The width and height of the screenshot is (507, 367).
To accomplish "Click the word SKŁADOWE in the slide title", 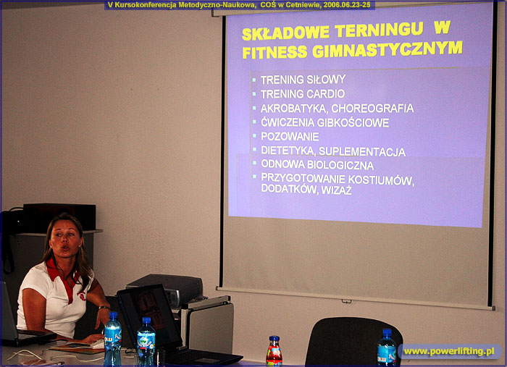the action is pyautogui.click(x=285, y=33).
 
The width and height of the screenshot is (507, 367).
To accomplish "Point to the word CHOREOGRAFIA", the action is pyautogui.click(x=373, y=109).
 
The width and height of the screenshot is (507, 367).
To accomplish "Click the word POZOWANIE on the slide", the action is pyautogui.click(x=290, y=136).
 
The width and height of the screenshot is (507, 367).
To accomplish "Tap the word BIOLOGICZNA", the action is pyautogui.click(x=340, y=165).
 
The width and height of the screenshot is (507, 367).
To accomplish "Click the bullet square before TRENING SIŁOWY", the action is pyautogui.click(x=254, y=79).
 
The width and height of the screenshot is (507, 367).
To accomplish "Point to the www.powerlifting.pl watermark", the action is pyautogui.click(x=449, y=351).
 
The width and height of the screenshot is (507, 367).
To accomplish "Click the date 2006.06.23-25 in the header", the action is pyautogui.click(x=347, y=5).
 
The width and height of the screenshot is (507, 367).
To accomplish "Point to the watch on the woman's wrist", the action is pyautogui.click(x=104, y=307).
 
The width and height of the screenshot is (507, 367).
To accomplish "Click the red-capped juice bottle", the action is pyautogui.click(x=274, y=352).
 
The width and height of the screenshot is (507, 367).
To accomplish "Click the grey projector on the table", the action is pyautogui.click(x=165, y=289).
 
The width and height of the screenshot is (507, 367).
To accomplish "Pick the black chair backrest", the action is pyautogui.click(x=353, y=342).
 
